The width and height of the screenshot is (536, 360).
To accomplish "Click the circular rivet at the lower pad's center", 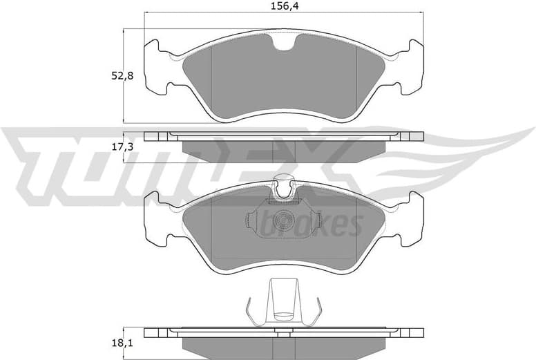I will (283, 220).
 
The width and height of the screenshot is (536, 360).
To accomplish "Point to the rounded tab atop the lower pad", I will (284, 184).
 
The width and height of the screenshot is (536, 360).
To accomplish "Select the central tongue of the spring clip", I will (283, 301).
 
